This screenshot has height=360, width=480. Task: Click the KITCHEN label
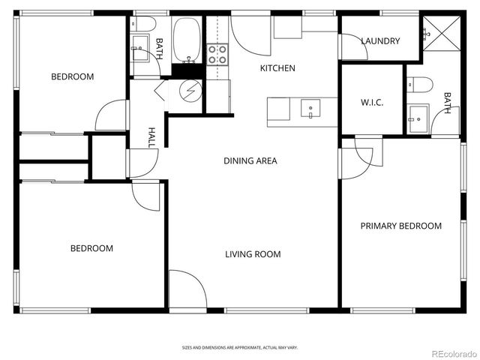277,68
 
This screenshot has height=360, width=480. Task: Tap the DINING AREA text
250,160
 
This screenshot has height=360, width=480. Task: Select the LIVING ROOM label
253,254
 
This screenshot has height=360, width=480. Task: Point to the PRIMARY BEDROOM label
400,226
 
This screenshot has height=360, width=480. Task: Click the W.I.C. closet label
372,103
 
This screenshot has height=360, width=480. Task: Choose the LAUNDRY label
380,41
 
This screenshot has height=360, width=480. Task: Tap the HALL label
151,137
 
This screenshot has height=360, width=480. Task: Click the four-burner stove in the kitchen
217,53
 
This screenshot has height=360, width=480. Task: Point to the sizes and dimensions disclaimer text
240,347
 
